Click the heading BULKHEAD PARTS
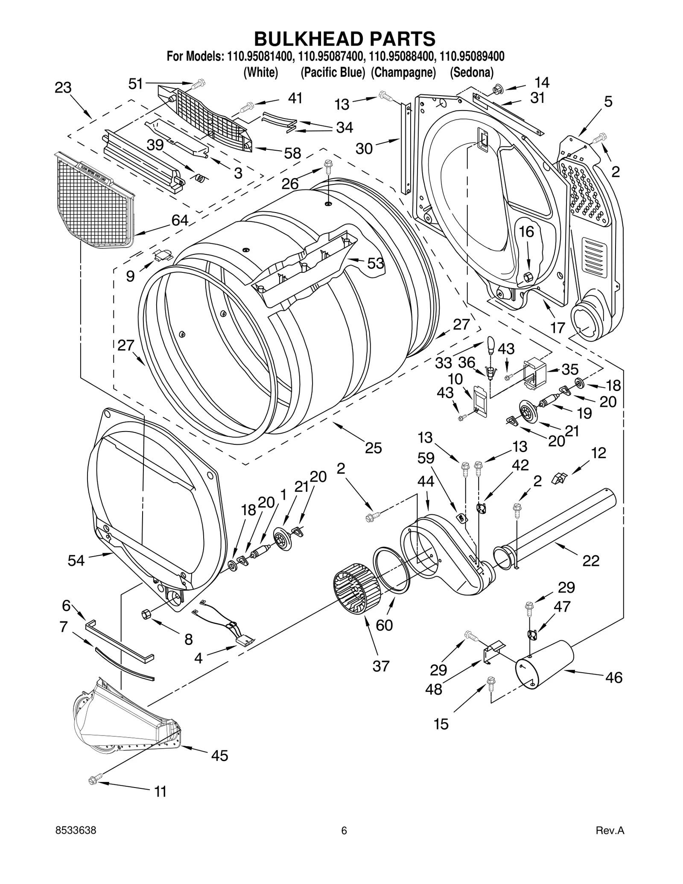(x=344, y=39)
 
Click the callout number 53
(x=376, y=263)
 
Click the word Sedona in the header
(x=471, y=73)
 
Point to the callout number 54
(x=76, y=560)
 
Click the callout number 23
(x=63, y=88)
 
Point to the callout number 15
(x=441, y=724)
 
